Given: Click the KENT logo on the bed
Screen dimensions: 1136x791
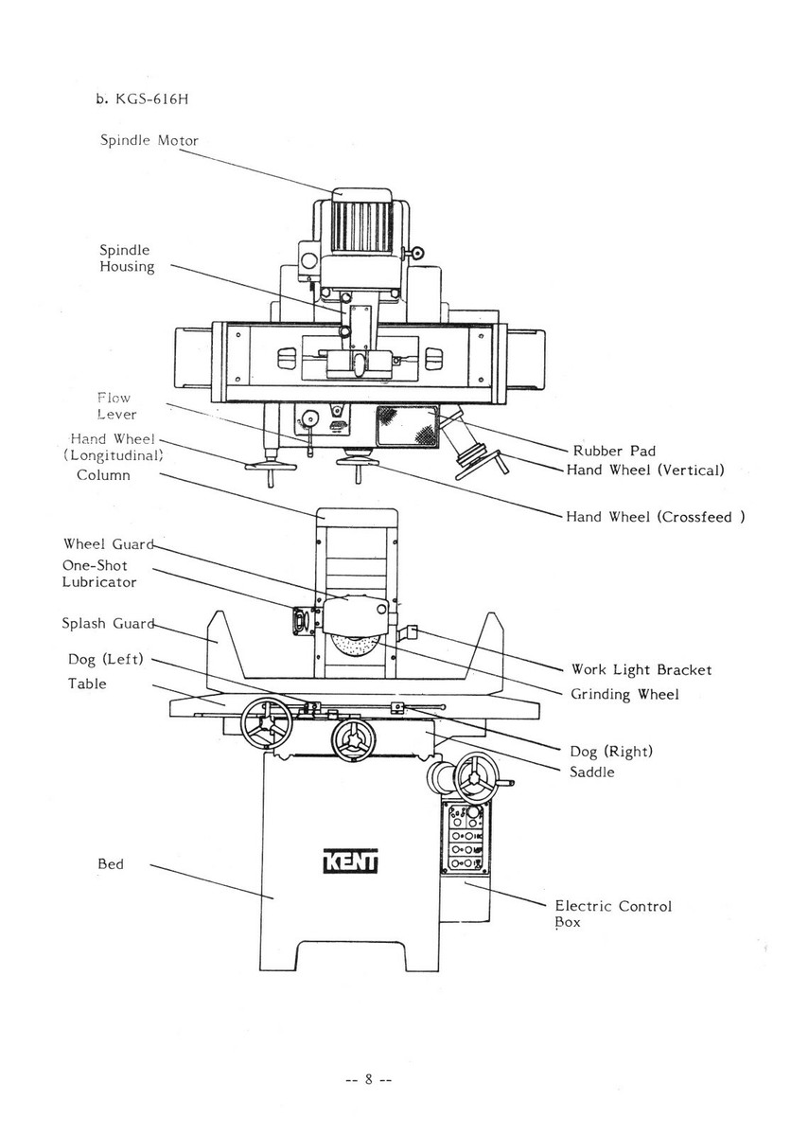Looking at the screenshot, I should click(350, 863).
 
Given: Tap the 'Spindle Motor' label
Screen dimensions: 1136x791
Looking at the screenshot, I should click(149, 140).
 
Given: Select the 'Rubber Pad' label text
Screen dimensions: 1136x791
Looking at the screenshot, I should click(614, 451).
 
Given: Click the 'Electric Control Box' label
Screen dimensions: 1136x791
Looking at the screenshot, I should click(612, 914).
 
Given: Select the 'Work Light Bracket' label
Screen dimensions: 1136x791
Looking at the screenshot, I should click(641, 669).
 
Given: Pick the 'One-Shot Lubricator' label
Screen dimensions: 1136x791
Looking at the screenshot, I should click(99, 574).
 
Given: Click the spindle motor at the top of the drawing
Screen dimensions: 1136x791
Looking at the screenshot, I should click(351, 222).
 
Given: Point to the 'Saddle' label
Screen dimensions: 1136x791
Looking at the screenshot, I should click(591, 772).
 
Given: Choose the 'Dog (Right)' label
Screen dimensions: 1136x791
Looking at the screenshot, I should click(610, 751).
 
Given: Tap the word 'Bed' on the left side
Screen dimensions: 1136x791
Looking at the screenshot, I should click(111, 864).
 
